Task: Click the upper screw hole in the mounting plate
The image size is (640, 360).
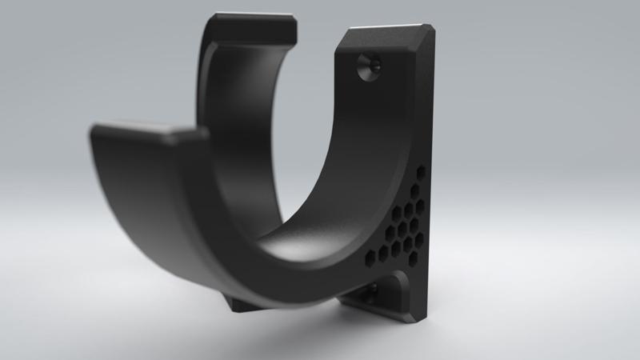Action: point(368,67)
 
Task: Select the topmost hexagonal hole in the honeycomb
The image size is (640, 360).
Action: point(422,171)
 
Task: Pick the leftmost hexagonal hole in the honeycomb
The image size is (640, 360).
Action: point(369,258)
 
